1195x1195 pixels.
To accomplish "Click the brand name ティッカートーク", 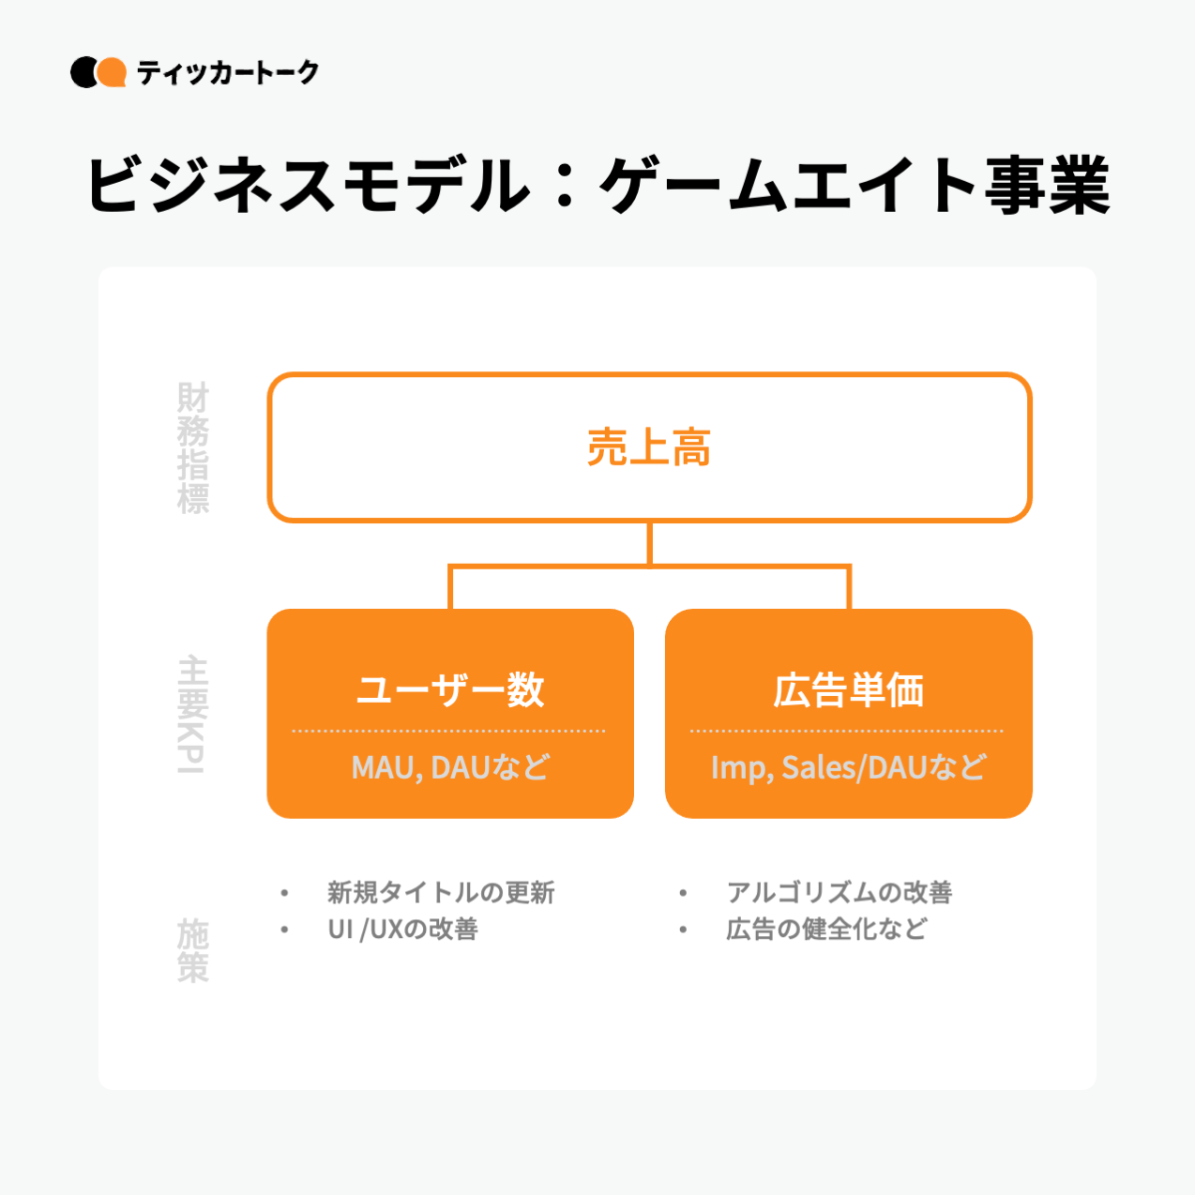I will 228,72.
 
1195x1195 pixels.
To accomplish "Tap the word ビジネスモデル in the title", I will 309,185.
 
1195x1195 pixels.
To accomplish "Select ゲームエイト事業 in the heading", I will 855,185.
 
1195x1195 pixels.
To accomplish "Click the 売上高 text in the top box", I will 649,447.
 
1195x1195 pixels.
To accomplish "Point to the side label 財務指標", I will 193,447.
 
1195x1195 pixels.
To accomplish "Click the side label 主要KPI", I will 192,714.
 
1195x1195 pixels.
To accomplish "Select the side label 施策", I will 193,950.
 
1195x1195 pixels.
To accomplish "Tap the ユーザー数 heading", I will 450,689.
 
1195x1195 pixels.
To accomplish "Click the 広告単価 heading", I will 849,689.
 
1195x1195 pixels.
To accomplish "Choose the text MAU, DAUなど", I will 450,767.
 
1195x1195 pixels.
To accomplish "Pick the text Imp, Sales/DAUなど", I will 849,767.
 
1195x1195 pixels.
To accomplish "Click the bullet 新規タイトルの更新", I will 441,892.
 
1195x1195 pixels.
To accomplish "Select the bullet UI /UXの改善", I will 402,929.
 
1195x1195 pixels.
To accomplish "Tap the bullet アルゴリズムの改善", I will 840,892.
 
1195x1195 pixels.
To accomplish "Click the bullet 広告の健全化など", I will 826,929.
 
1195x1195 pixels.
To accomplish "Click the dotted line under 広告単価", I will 847,731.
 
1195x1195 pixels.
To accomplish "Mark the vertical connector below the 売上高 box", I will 650,543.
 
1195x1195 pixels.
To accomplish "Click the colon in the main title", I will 565,185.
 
